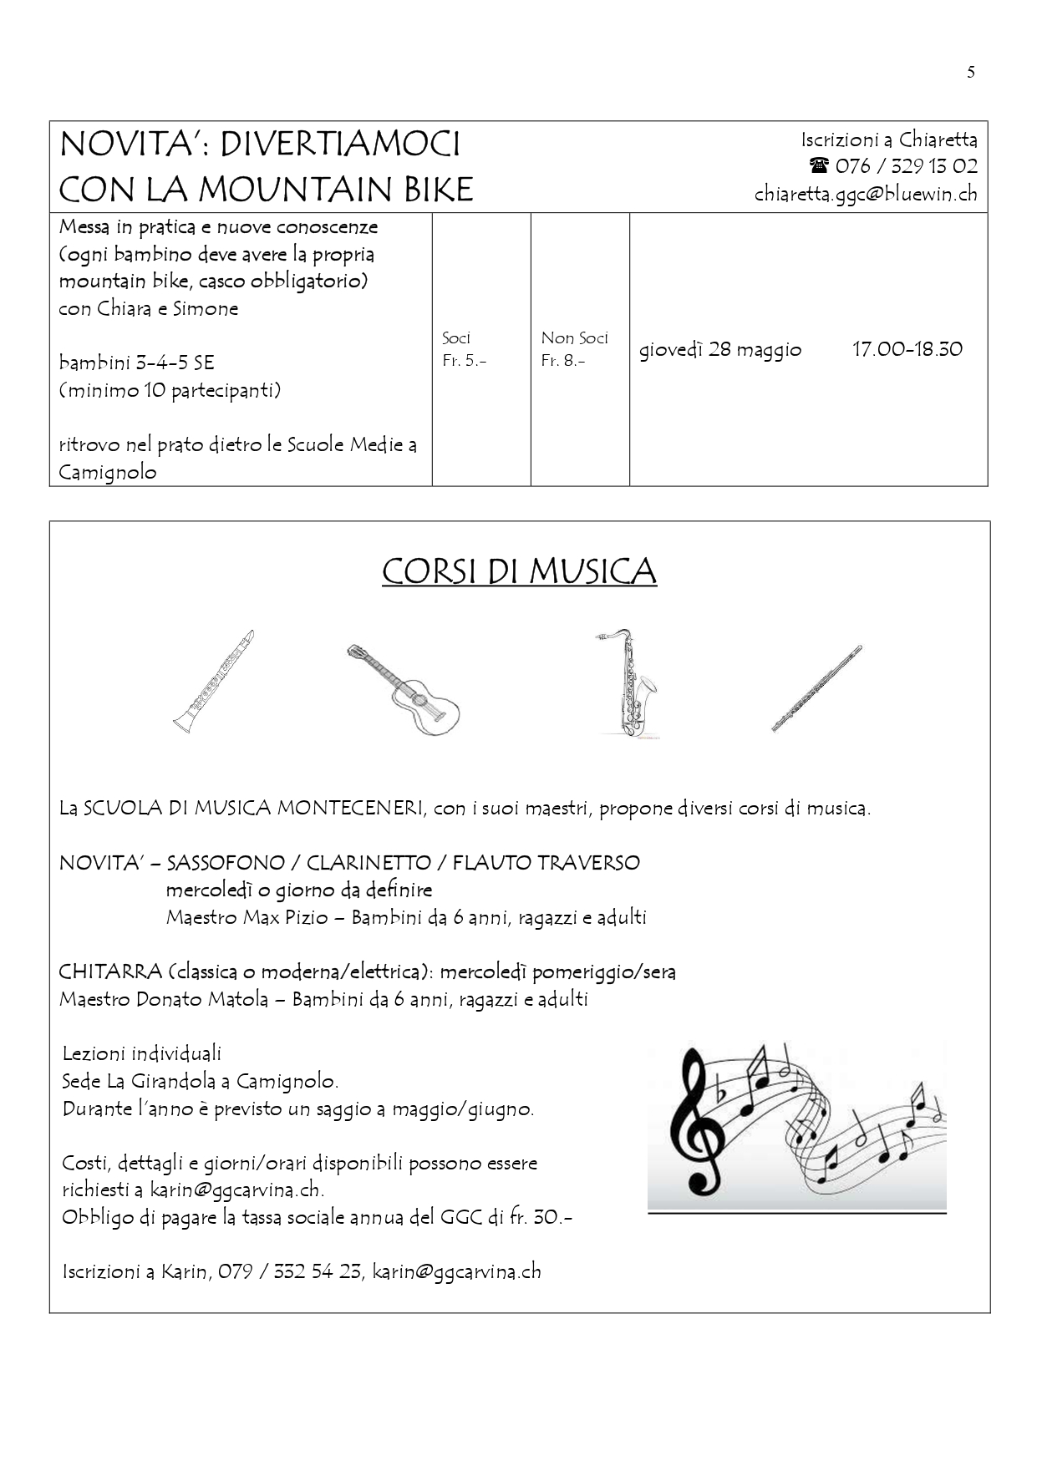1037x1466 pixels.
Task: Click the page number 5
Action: [x=970, y=73]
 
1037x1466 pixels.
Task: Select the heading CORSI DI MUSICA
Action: [x=519, y=572]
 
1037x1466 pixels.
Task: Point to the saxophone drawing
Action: [x=628, y=682]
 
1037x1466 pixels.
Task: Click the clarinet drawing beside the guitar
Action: [x=214, y=682]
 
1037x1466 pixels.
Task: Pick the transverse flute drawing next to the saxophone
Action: [x=816, y=689]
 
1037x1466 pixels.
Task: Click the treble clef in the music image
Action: [x=702, y=1120]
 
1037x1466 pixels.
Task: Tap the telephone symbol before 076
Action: [x=818, y=165]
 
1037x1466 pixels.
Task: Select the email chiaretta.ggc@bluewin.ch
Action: [x=866, y=194]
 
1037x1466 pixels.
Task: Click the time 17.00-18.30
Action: [x=907, y=349]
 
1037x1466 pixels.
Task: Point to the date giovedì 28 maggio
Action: [x=720, y=349]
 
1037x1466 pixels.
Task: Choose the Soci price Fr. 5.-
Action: [x=464, y=361]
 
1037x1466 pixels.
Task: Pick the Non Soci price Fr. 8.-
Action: [x=562, y=361]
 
